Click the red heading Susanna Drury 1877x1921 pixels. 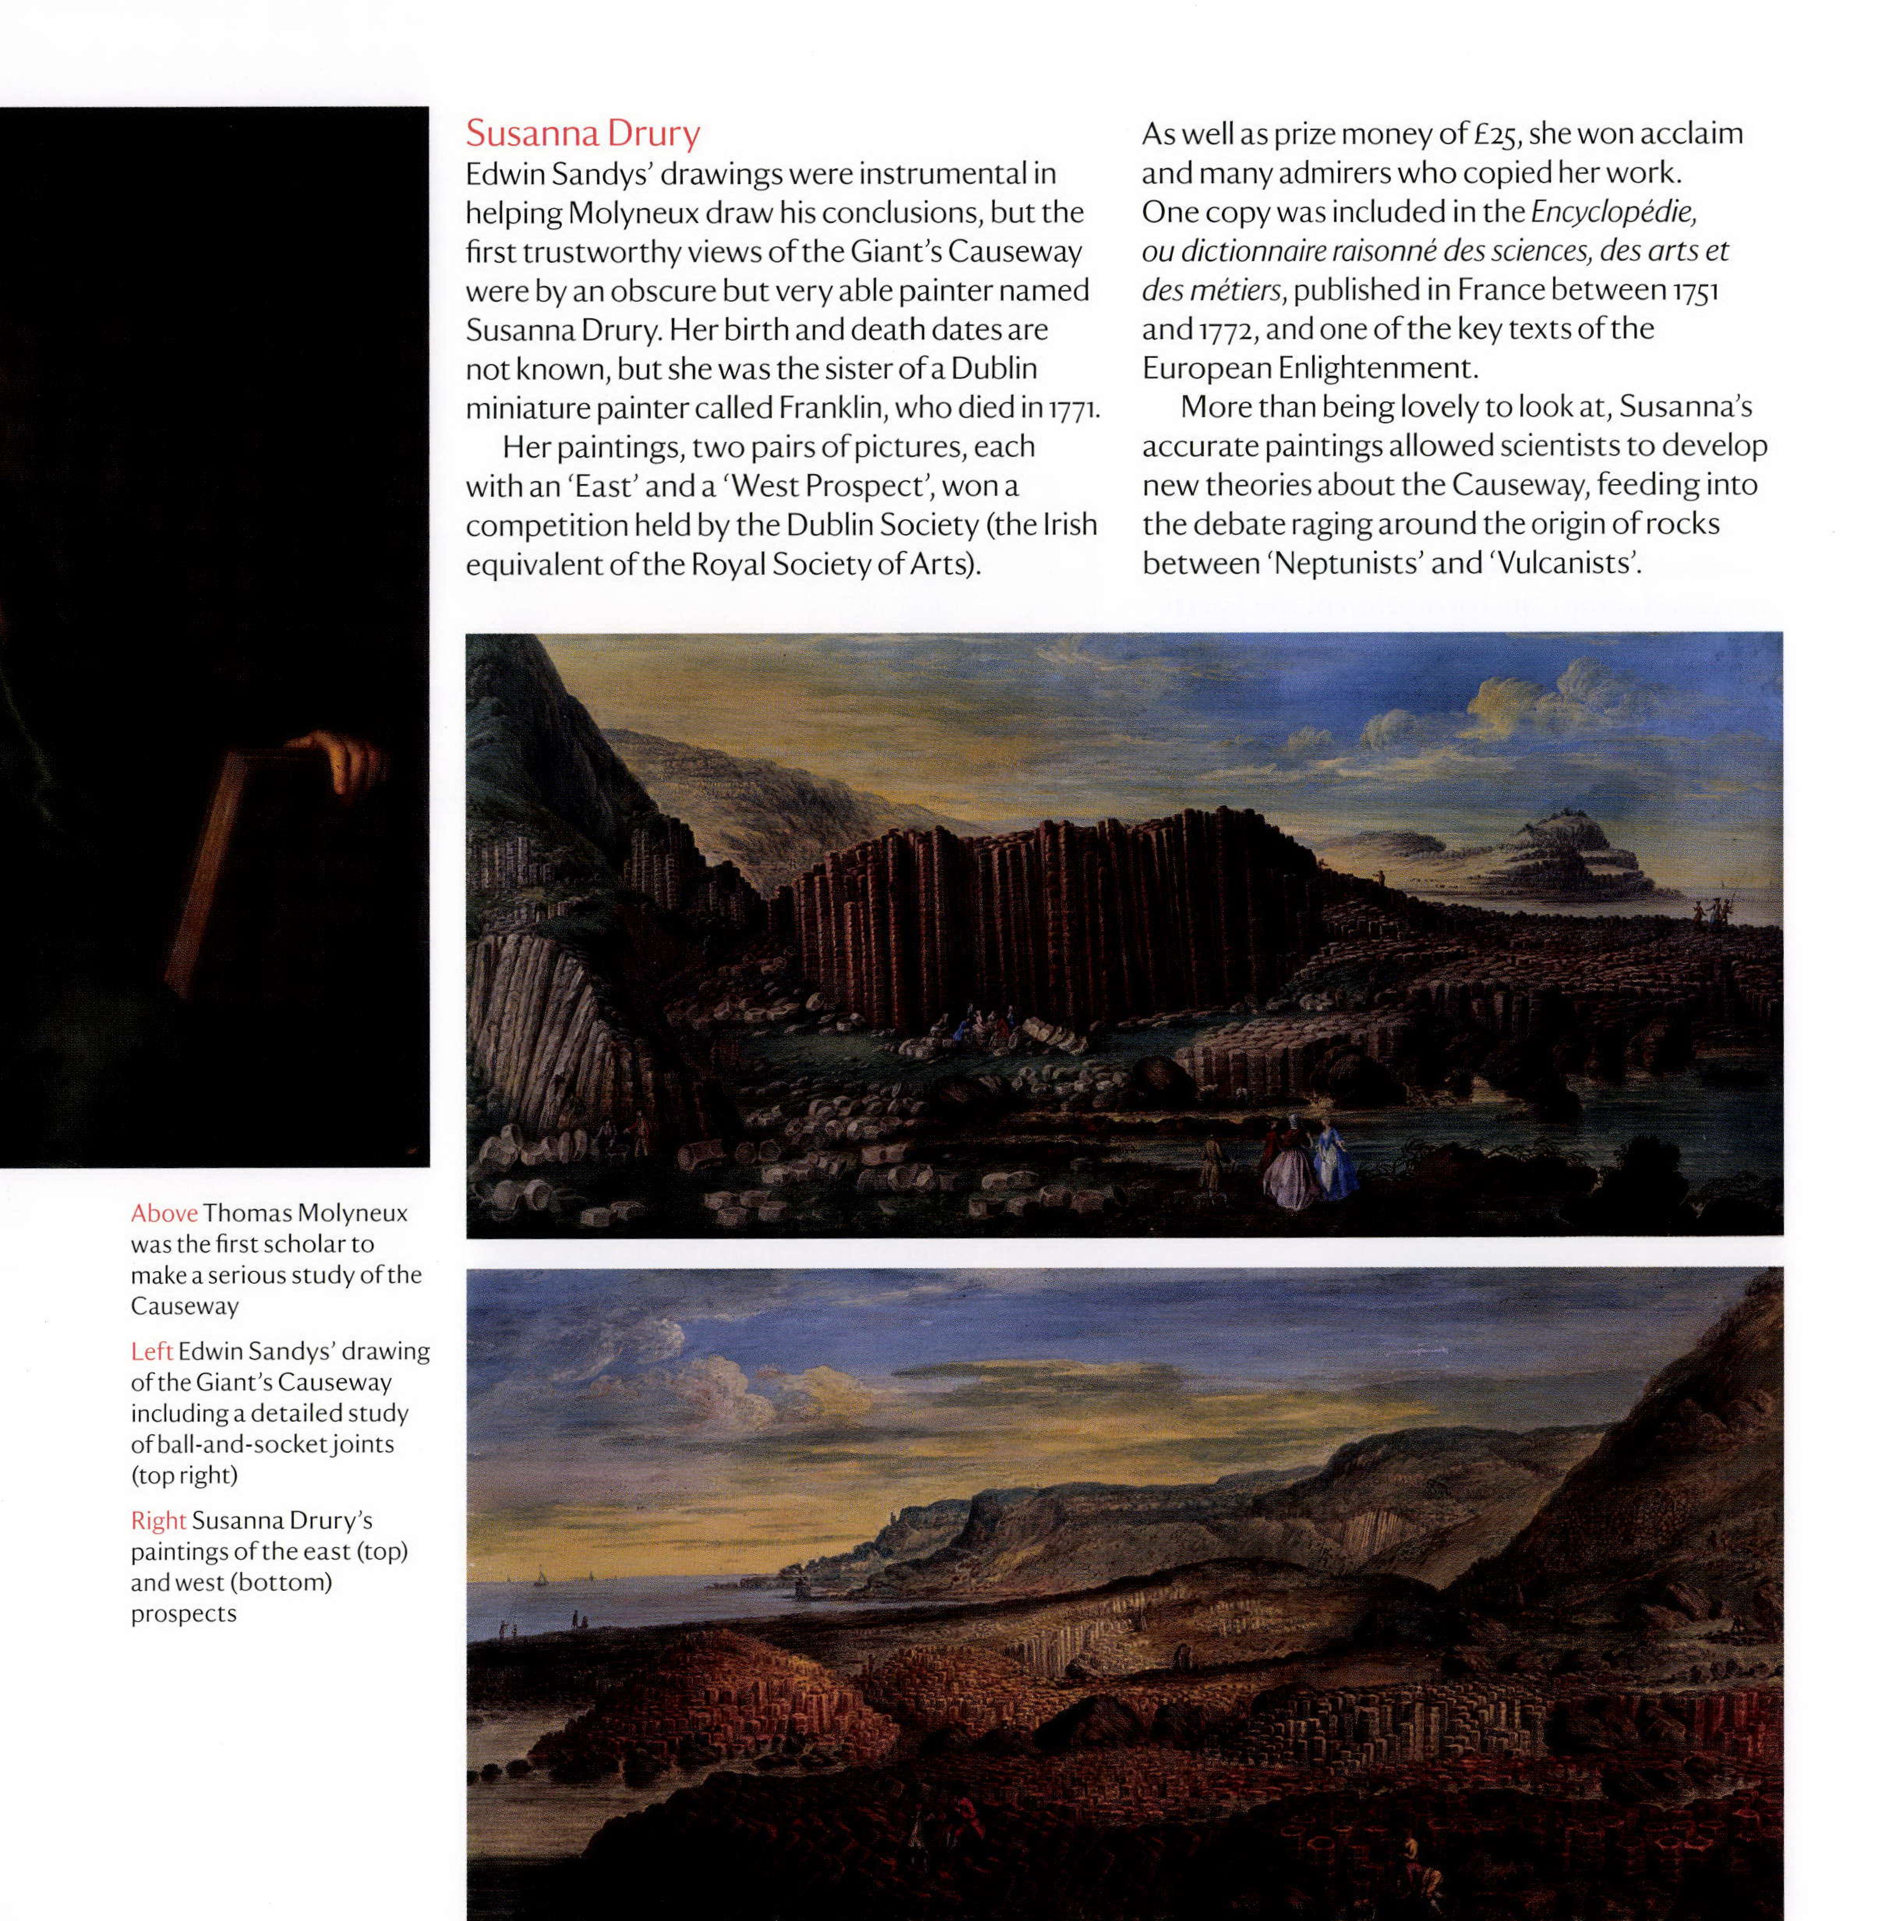pos(583,133)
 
